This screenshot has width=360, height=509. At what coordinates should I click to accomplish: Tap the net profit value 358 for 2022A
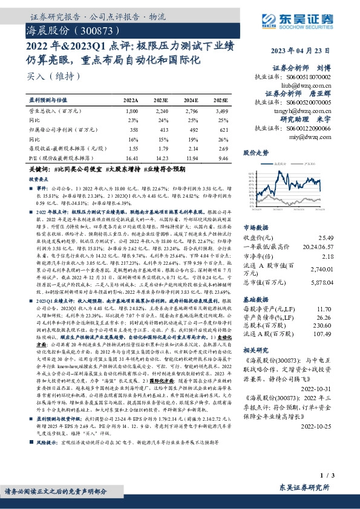(x=134, y=129)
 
